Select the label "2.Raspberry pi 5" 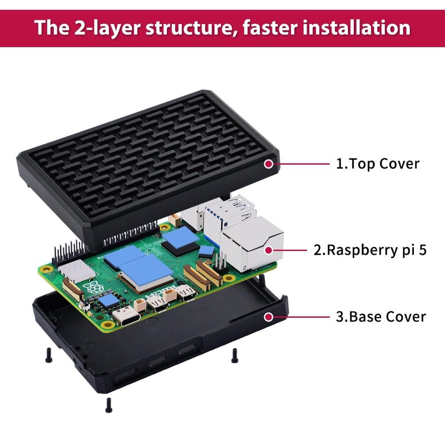370,250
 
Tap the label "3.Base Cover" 381,317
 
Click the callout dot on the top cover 269,164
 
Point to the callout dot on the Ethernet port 269,250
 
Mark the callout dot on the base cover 269,317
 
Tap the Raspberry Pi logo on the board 91,290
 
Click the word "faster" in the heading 270,27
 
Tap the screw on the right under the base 235,354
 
